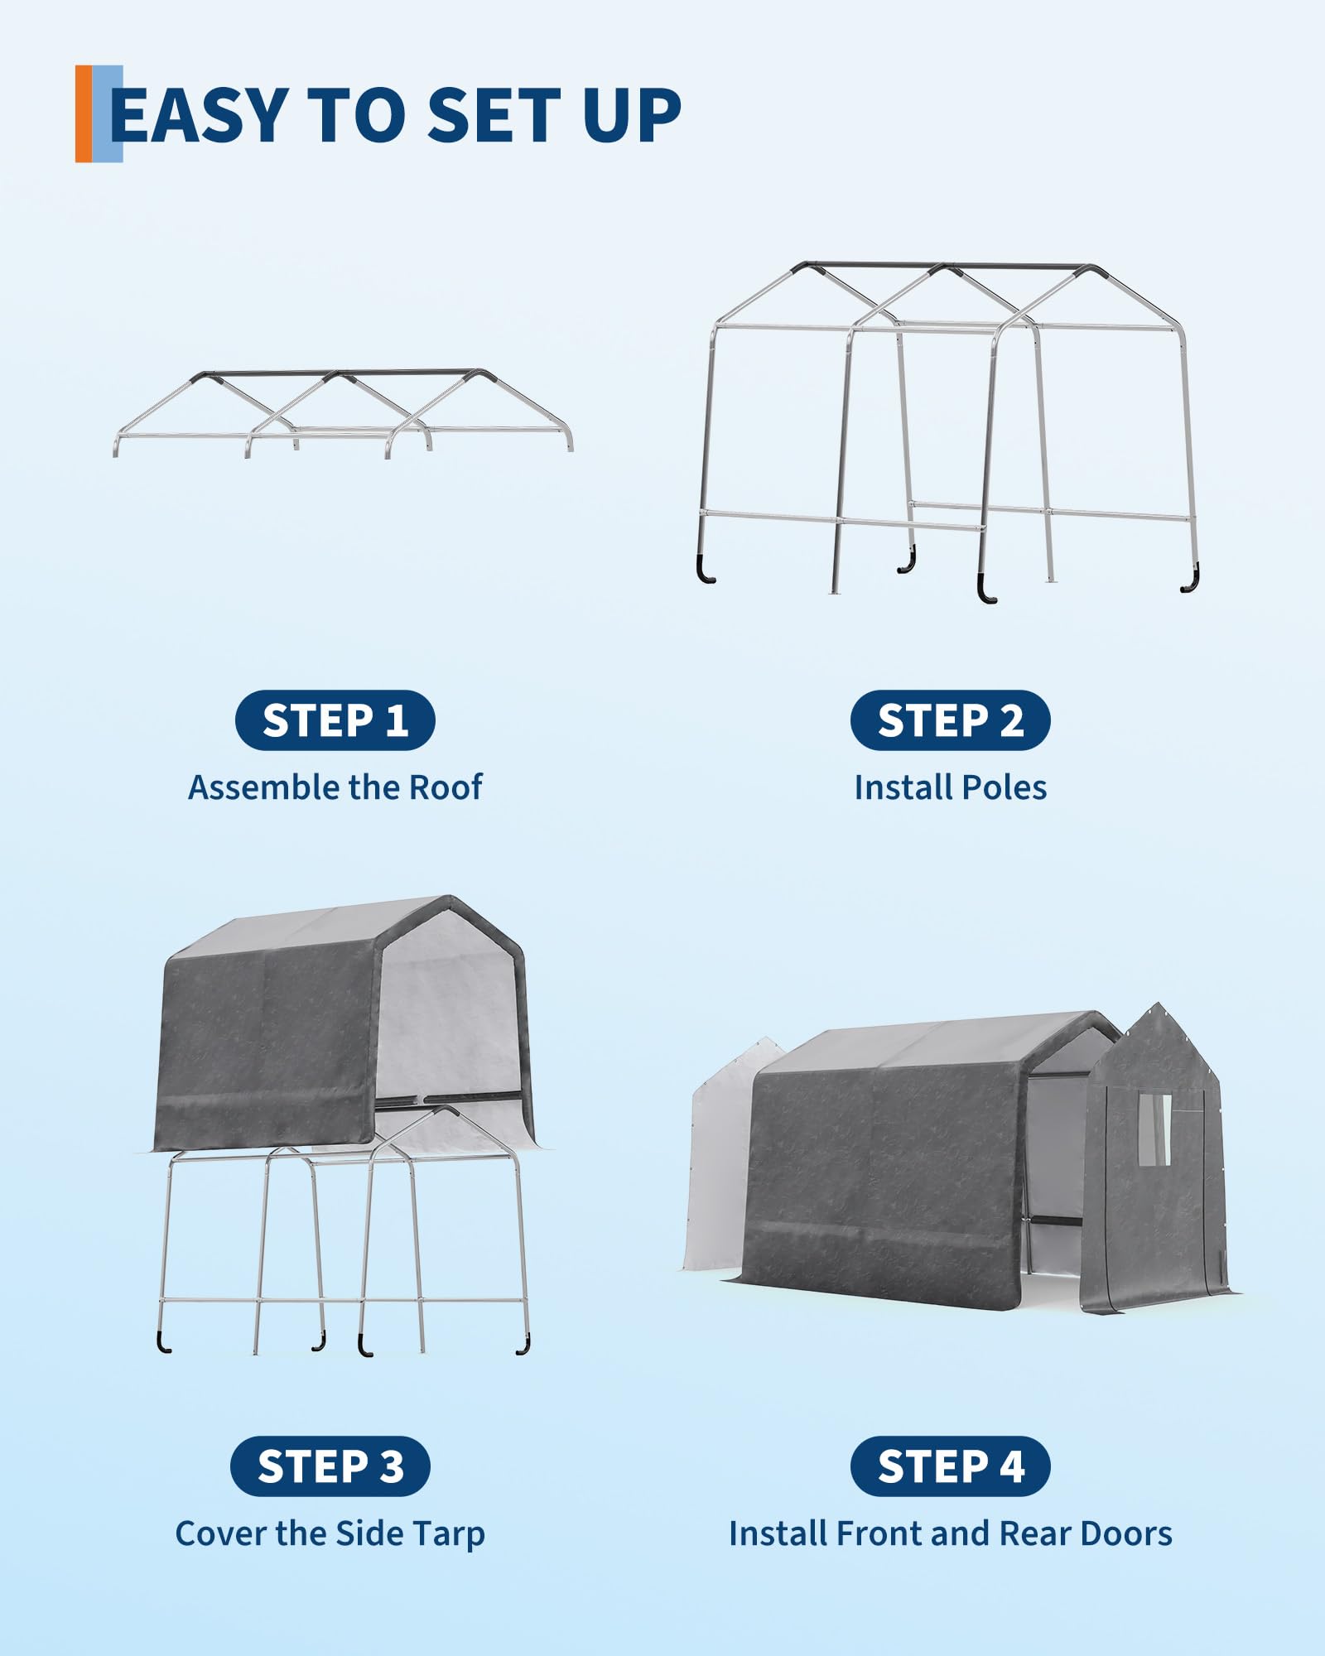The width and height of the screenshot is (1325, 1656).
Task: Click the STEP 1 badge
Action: coord(335,720)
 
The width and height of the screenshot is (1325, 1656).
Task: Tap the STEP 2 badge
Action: coord(950,720)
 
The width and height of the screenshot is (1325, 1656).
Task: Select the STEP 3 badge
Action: coord(330,1466)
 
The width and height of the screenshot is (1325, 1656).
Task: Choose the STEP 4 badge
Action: coord(950,1466)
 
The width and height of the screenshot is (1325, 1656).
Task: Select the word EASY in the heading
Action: coord(199,115)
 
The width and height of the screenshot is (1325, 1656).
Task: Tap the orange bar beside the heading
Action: coord(84,113)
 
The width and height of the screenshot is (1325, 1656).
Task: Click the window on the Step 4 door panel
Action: coord(1154,1130)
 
